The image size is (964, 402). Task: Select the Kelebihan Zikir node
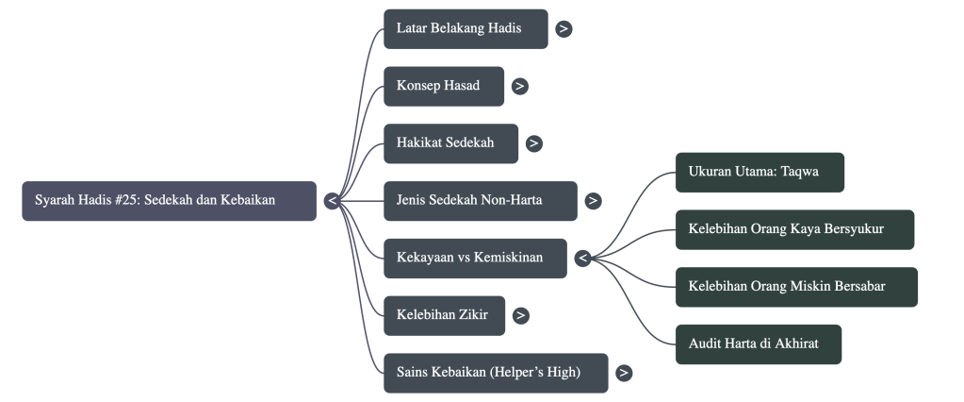tap(444, 315)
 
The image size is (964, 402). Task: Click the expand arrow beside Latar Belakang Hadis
tap(564, 28)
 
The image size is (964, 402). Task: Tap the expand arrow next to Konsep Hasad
tap(520, 86)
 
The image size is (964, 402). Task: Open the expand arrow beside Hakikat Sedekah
tap(534, 143)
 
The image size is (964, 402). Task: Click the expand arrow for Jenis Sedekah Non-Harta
tap(593, 201)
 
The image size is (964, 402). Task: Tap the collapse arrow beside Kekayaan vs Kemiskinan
tap(583, 258)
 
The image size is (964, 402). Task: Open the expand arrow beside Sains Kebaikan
tap(624, 373)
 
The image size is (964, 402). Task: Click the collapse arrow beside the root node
tap(333, 201)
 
